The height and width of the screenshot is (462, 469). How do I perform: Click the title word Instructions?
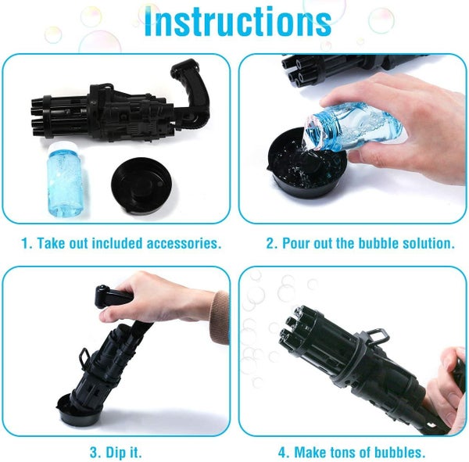(238, 22)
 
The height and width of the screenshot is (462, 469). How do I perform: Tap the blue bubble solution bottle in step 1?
(64, 179)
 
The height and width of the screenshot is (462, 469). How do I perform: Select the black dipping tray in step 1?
(141, 185)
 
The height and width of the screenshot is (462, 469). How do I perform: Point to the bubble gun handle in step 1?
(192, 87)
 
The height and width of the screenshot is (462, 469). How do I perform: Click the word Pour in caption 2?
(296, 243)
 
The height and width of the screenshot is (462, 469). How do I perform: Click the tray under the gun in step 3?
(78, 410)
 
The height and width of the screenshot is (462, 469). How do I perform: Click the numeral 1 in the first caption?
(26, 243)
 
